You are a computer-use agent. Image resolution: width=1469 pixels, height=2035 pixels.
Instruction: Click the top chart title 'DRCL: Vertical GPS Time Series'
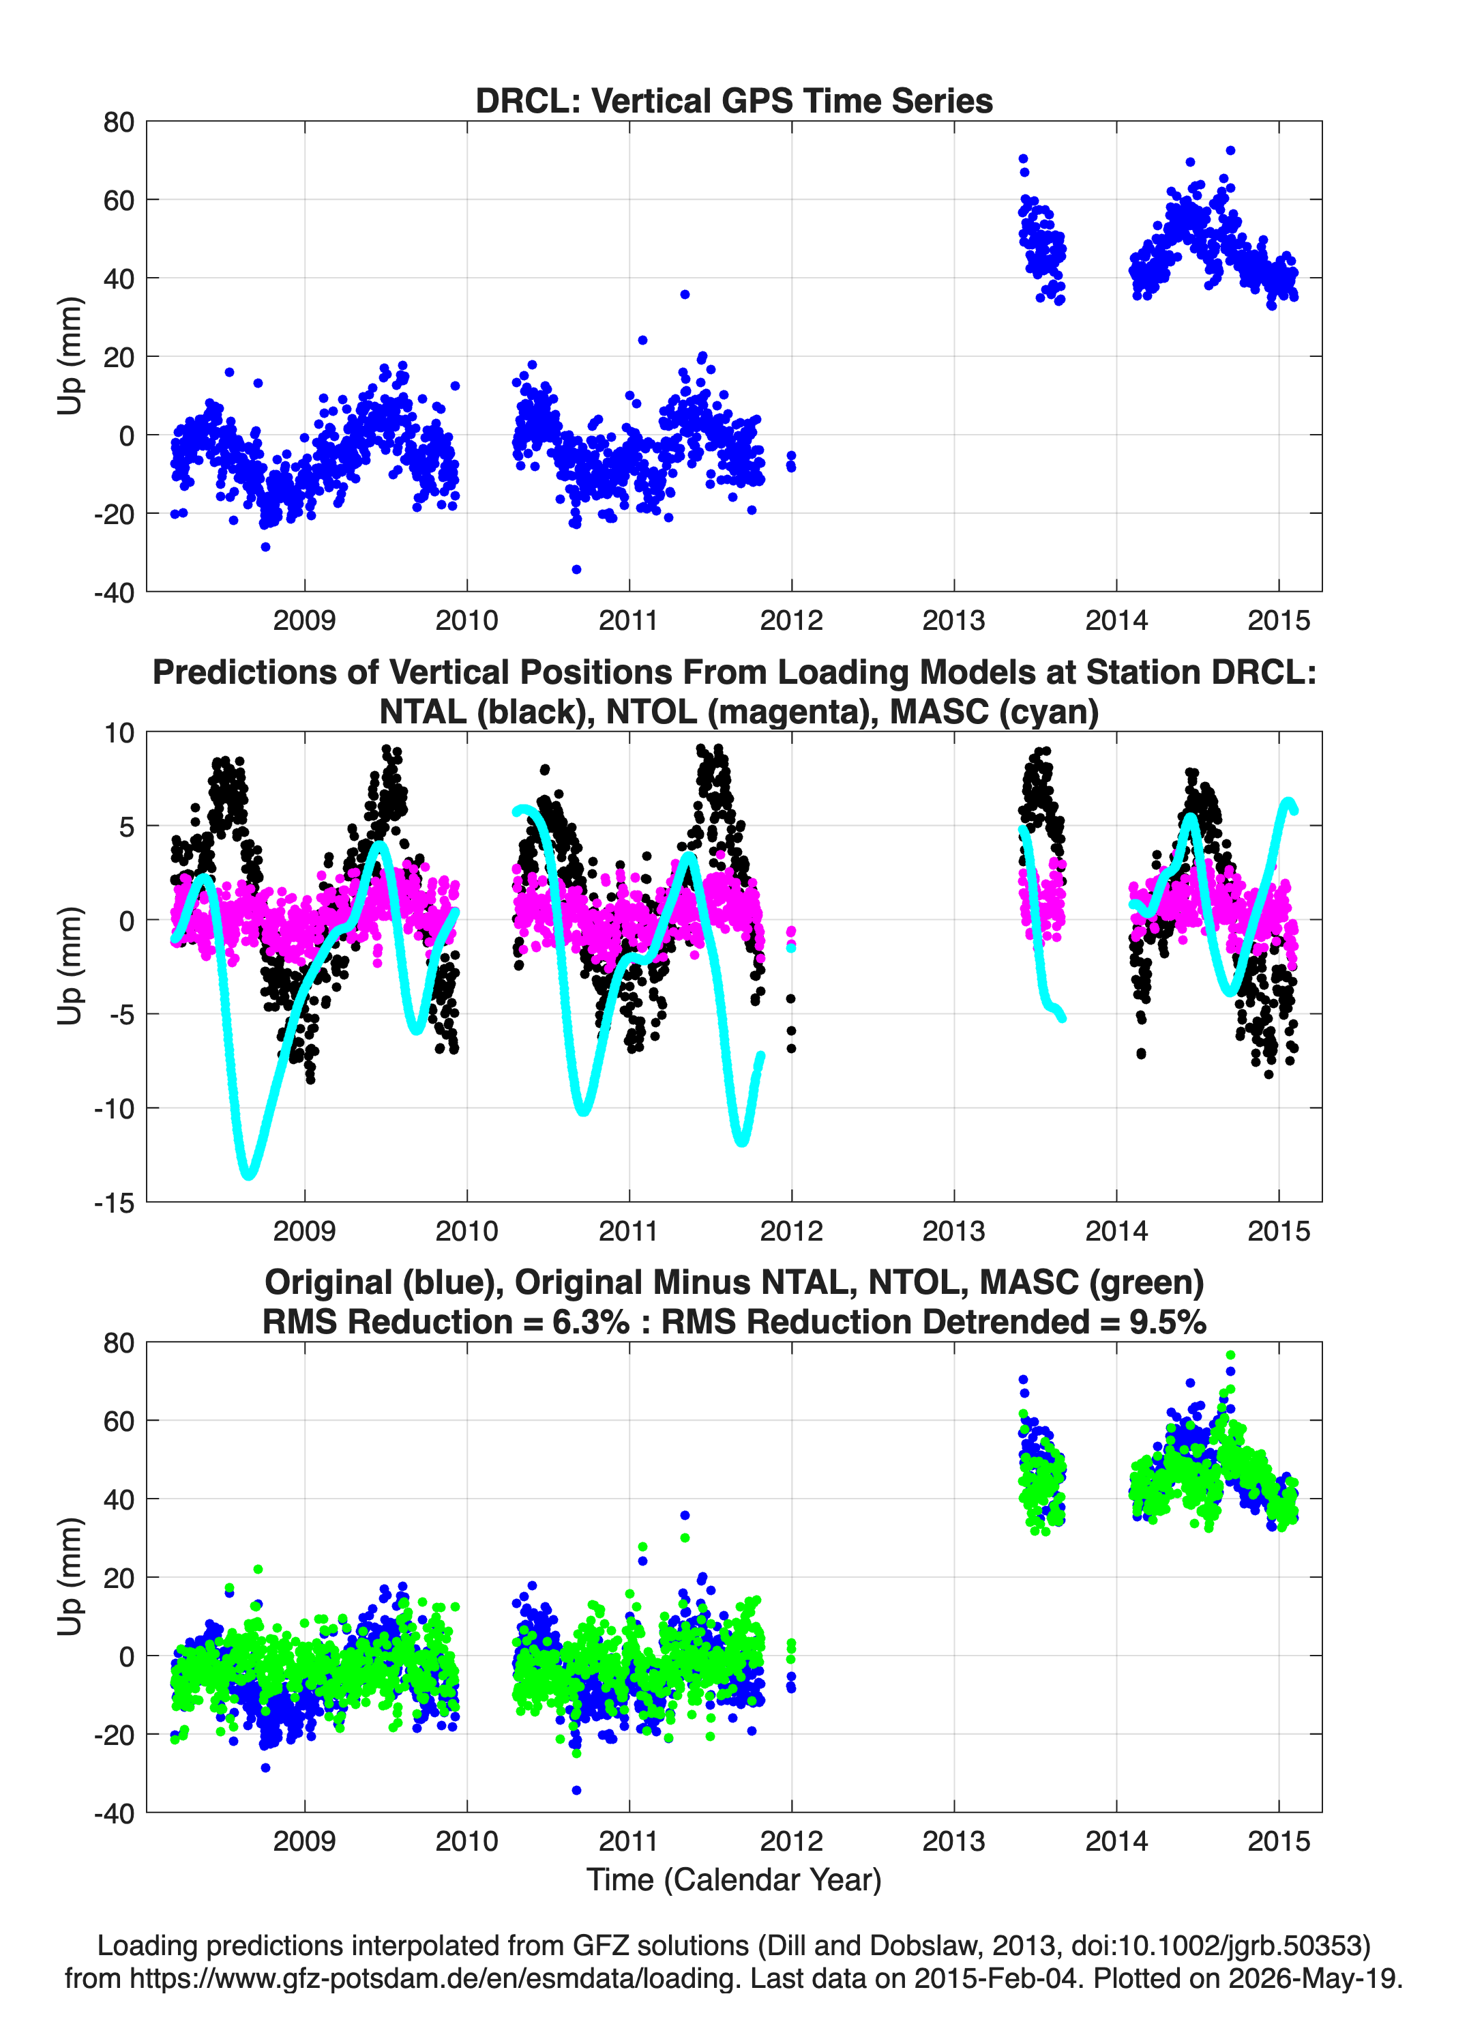(734, 100)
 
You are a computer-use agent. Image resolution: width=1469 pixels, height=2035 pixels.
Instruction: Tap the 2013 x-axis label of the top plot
(953, 620)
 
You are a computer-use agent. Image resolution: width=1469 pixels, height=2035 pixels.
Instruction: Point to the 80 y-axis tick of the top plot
(119, 122)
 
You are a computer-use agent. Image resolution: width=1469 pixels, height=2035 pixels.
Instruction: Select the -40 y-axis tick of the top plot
(114, 592)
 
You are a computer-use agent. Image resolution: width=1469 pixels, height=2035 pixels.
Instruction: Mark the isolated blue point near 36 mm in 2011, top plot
(684, 294)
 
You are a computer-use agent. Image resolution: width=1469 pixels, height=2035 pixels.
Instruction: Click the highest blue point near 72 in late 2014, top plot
(1230, 151)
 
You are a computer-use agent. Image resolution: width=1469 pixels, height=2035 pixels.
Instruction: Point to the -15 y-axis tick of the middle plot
(114, 1203)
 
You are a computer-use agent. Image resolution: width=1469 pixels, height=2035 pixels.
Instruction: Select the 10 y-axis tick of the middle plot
(119, 733)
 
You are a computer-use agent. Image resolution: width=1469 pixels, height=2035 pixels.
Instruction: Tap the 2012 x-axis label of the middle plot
(791, 1230)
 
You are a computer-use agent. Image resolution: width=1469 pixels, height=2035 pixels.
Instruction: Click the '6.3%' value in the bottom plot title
(591, 1322)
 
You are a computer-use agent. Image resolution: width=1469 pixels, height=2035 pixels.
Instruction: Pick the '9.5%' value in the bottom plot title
(1167, 1322)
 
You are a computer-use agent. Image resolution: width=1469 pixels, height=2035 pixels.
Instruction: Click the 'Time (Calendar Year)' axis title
(734, 1880)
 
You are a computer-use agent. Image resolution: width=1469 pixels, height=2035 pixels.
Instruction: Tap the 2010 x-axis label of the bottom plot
(466, 1841)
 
